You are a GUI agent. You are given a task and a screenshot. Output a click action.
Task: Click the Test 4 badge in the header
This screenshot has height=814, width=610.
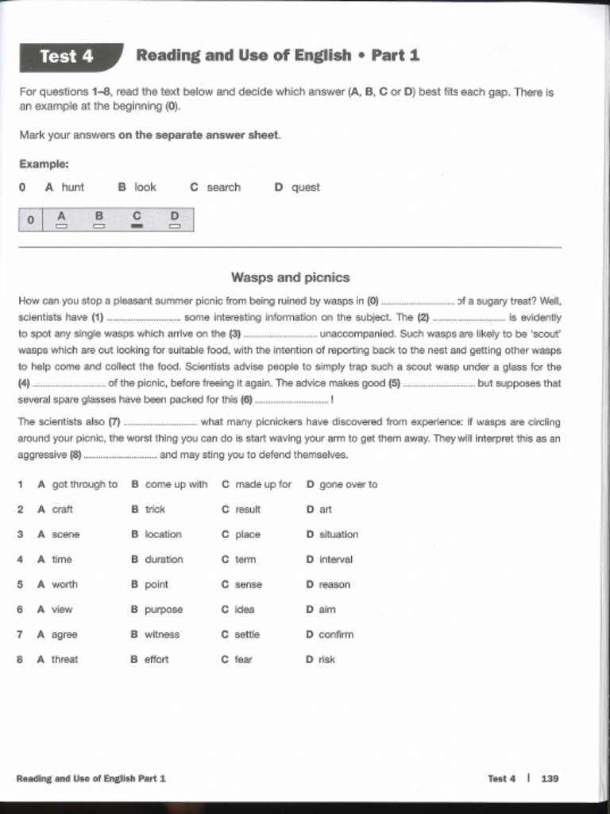(68, 56)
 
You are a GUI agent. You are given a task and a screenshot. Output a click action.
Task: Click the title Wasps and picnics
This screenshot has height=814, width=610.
(290, 277)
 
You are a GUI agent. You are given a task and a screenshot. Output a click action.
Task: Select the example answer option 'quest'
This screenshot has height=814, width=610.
(305, 188)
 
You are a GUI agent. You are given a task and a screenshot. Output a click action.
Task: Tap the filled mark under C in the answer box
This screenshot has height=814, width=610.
(137, 227)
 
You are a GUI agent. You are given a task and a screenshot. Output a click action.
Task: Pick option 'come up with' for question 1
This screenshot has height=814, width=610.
(176, 484)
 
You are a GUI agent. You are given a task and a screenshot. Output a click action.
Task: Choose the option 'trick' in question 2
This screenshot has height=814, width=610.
(155, 510)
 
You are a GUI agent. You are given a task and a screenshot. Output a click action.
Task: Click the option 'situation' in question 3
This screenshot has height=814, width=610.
(338, 534)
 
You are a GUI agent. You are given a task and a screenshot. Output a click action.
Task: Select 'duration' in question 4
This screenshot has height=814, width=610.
(164, 560)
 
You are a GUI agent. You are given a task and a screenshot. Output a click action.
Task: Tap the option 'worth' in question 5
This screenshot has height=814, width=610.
(64, 584)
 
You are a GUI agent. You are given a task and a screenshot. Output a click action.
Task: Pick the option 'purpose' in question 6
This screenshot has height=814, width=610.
(164, 610)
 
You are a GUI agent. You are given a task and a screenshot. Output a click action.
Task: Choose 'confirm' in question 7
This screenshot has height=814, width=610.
(336, 634)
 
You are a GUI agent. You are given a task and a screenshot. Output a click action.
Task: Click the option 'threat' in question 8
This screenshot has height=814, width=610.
(64, 659)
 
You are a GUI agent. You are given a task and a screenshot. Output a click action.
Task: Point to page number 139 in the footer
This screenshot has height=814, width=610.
(550, 778)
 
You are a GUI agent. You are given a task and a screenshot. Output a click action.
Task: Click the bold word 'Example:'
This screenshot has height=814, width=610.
(44, 165)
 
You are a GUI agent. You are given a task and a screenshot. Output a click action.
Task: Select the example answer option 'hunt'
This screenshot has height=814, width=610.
(72, 188)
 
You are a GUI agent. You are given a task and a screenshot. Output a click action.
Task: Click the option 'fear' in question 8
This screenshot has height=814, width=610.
(243, 659)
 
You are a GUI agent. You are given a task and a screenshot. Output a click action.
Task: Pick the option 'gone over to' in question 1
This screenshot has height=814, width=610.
(348, 484)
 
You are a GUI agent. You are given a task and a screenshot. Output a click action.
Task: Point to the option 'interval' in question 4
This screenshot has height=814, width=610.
(335, 560)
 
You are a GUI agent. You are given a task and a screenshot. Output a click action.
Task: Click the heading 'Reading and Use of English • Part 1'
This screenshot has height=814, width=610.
(277, 56)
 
